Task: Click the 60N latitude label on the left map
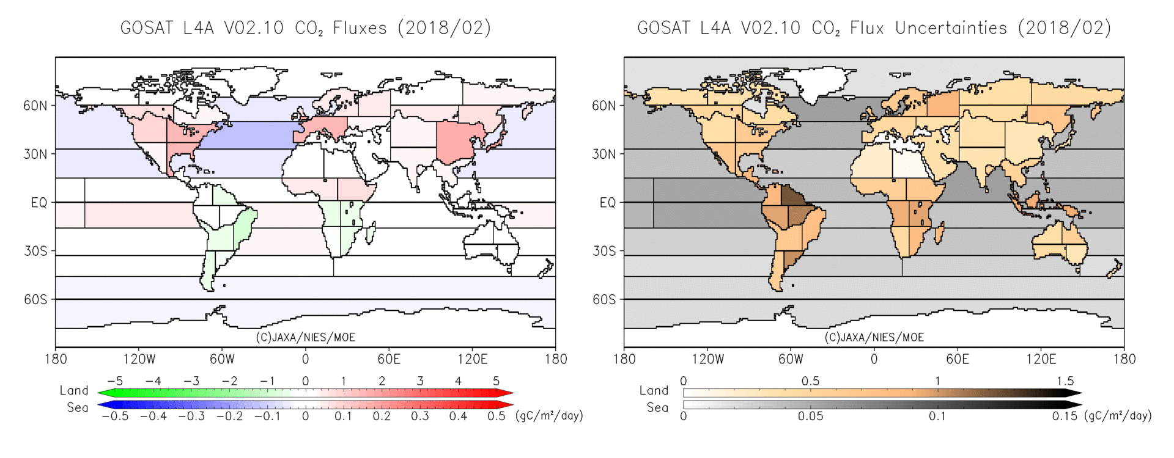[35, 106]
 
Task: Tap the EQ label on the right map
[607, 203]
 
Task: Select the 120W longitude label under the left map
[139, 359]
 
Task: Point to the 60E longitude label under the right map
[958, 359]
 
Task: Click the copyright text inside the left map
[305, 337]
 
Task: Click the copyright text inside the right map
[874, 337]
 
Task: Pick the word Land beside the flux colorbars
[74, 391]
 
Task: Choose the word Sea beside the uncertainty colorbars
[657, 407]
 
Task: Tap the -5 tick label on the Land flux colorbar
[115, 381]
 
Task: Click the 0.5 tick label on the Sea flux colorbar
[496, 416]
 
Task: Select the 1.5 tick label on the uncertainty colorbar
[1065, 381]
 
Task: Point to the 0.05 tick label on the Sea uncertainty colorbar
[810, 416]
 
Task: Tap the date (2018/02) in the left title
[444, 28]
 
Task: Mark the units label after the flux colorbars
[549, 416]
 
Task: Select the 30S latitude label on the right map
[604, 251]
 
